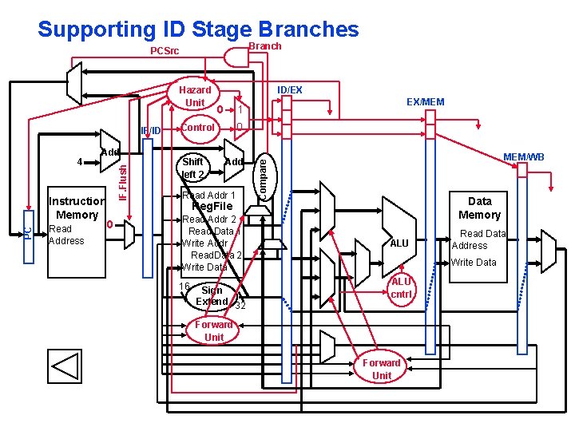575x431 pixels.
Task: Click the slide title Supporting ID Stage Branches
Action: pyautogui.click(x=198, y=30)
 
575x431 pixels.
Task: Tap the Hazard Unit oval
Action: pyautogui.click(x=195, y=97)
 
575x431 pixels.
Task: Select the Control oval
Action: pyautogui.click(x=198, y=128)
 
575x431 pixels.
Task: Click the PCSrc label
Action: pyautogui.click(x=165, y=52)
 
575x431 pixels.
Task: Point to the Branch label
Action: pyautogui.click(x=265, y=46)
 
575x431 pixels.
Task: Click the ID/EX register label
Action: pyautogui.click(x=289, y=90)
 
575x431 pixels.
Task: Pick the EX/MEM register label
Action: pyautogui.click(x=425, y=102)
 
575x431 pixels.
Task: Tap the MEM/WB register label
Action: pyautogui.click(x=523, y=157)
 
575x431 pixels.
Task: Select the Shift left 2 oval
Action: pyautogui.click(x=193, y=168)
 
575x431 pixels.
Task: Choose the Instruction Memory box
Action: pyautogui.click(x=77, y=208)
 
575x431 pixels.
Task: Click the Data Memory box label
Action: pyautogui.click(x=479, y=208)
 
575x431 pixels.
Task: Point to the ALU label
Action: pyautogui.click(x=399, y=243)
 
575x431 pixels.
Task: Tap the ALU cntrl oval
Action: pyautogui.click(x=401, y=288)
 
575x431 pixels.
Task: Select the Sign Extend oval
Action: pyautogui.click(x=212, y=296)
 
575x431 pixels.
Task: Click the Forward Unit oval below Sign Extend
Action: pyautogui.click(x=214, y=330)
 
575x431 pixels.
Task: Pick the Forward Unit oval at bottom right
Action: pyautogui.click(x=382, y=369)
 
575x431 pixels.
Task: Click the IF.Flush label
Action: pyautogui.click(x=123, y=183)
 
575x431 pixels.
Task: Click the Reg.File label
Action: pyautogui.click(x=212, y=207)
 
